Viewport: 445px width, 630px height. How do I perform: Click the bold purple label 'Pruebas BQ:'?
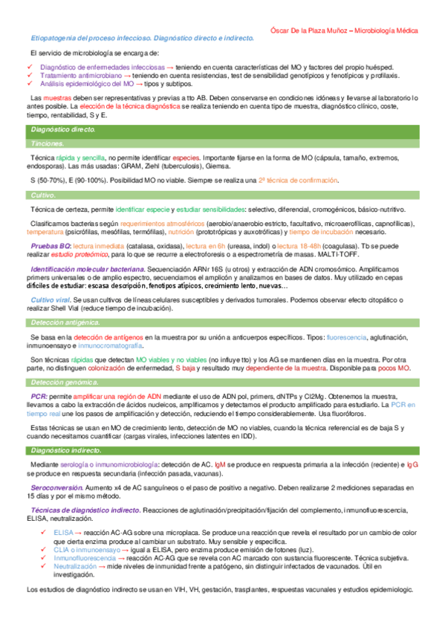pyautogui.click(x=51, y=244)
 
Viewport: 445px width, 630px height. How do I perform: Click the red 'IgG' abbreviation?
pyautogui.click(x=412, y=464)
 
